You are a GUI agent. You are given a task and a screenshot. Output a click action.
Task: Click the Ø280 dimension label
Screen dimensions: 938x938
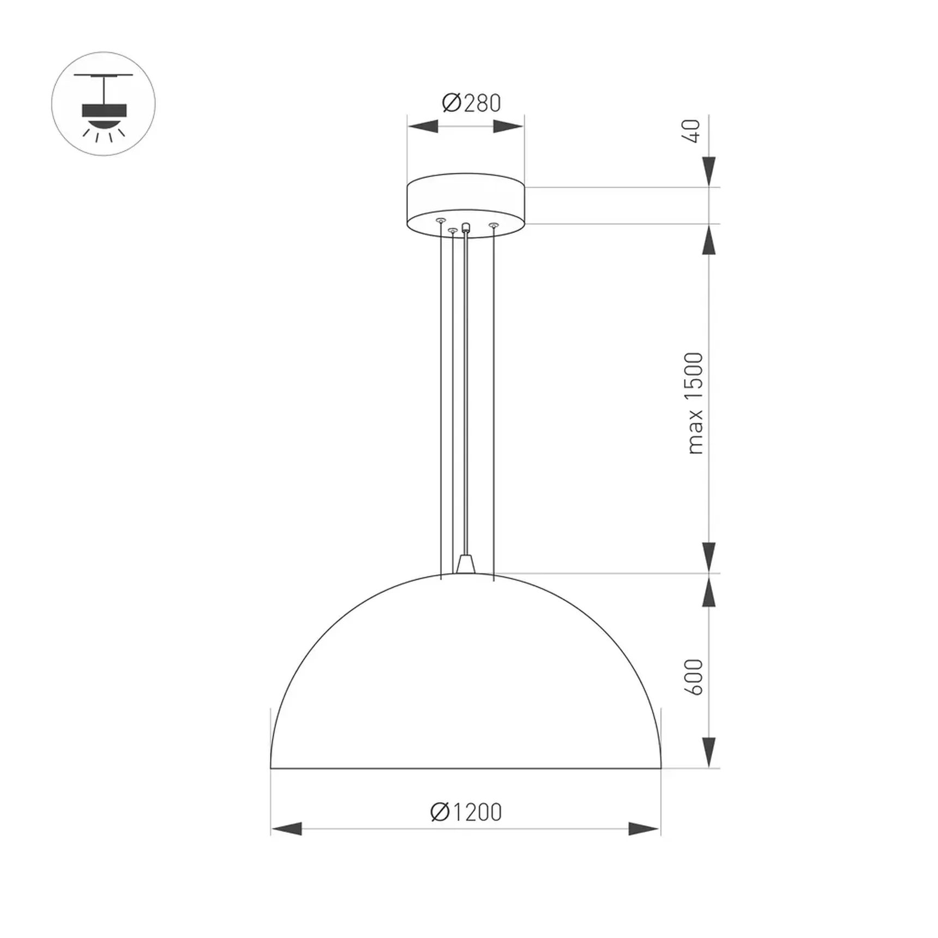pyautogui.click(x=471, y=103)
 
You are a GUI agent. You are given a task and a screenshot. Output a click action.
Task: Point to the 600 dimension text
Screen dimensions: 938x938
pyautogui.click(x=694, y=677)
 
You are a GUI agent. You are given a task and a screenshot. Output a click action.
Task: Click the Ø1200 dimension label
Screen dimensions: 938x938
pyautogui.click(x=466, y=812)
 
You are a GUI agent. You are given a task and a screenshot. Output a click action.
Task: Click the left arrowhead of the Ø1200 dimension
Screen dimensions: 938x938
pyautogui.click(x=286, y=829)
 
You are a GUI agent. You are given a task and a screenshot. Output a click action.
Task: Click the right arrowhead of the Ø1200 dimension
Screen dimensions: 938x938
pyautogui.click(x=644, y=829)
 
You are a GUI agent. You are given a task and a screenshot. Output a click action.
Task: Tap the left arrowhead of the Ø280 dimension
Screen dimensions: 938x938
pyautogui.click(x=423, y=127)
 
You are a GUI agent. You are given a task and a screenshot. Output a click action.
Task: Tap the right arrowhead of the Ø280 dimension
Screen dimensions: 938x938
pyautogui.click(x=508, y=127)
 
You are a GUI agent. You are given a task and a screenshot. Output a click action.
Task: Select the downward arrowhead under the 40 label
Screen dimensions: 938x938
pyautogui.click(x=708, y=171)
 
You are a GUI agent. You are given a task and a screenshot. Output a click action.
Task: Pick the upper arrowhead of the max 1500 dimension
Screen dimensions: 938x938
pyautogui.click(x=708, y=240)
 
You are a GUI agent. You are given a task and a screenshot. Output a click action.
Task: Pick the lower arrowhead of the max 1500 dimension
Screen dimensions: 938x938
pyautogui.click(x=708, y=557)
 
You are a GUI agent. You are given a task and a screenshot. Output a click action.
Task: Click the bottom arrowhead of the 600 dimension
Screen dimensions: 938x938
pyautogui.click(x=708, y=753)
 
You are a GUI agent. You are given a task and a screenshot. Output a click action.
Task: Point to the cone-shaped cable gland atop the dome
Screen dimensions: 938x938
pyautogui.click(x=466, y=564)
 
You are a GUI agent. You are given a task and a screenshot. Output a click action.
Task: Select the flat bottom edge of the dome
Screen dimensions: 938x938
pyautogui.click(x=466, y=768)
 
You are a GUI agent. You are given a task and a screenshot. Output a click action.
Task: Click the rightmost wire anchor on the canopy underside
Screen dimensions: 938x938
pyautogui.click(x=493, y=225)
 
